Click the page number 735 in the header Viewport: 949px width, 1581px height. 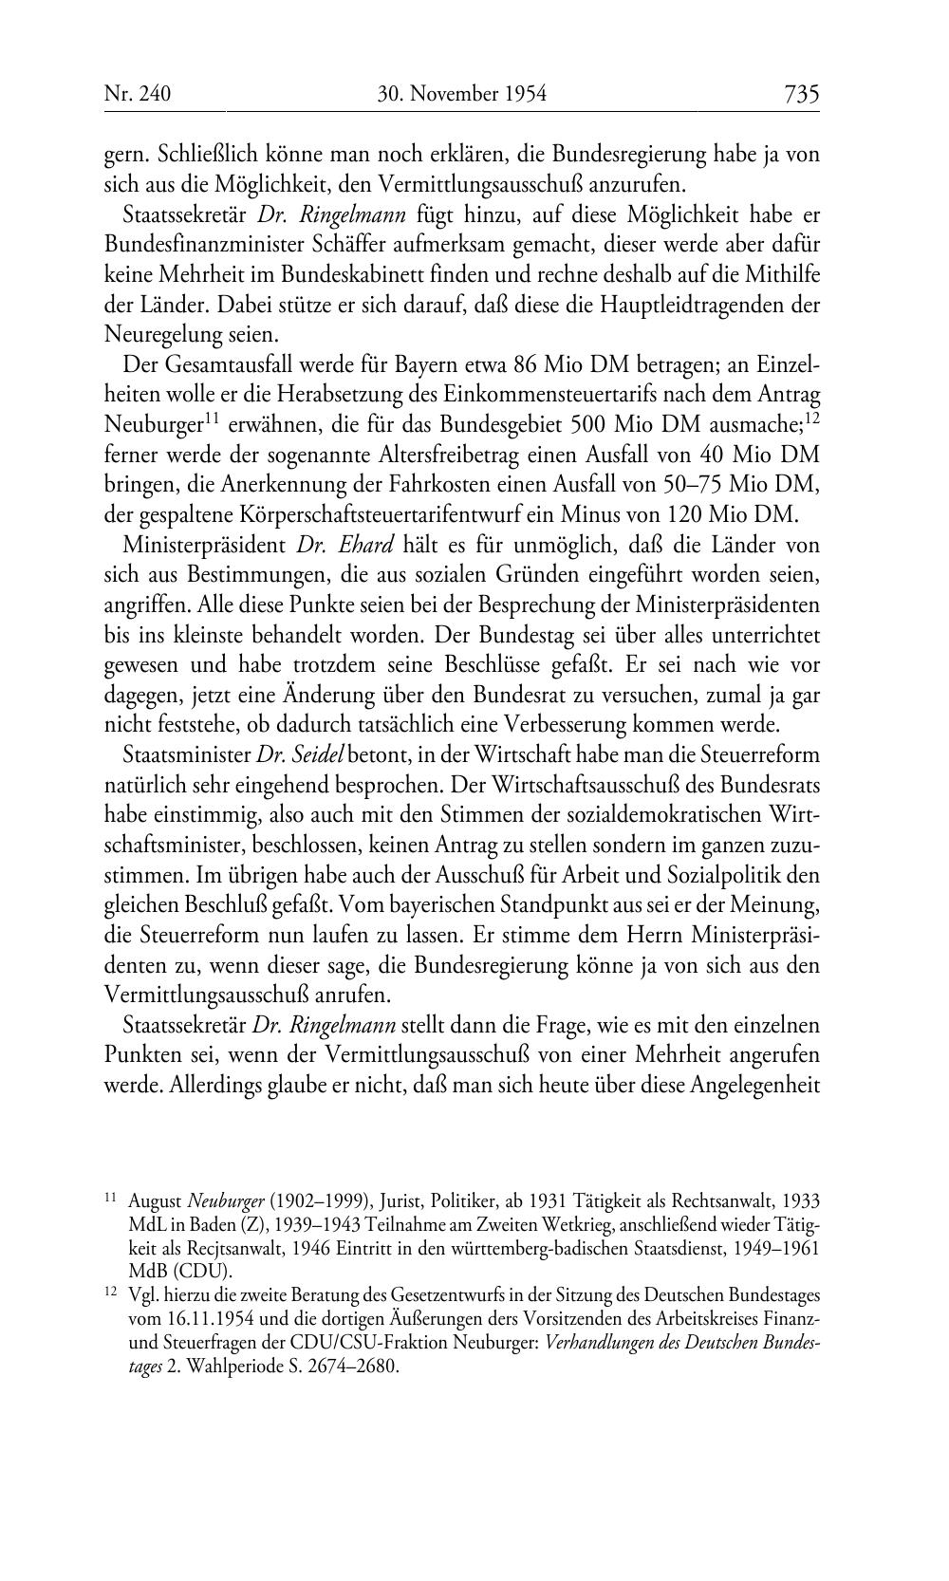[x=801, y=94]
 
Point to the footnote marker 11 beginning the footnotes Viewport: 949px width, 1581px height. [x=111, y=1199]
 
